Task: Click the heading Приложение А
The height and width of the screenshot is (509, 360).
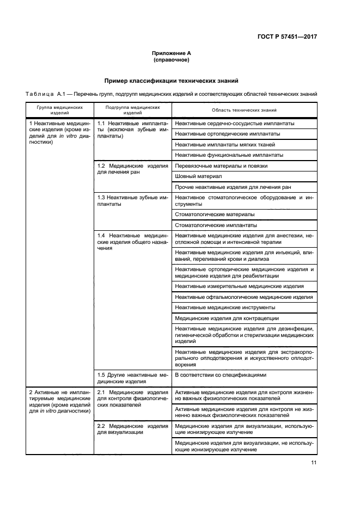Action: pyautogui.click(x=171, y=53)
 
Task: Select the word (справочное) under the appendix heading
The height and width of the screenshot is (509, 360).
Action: pyautogui.click(x=171, y=60)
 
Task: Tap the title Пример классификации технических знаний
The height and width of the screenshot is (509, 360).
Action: pyautogui.click(x=171, y=81)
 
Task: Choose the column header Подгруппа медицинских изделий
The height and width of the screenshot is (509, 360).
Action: pyautogui.click(x=132, y=110)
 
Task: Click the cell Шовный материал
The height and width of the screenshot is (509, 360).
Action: pyautogui.click(x=198, y=176)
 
